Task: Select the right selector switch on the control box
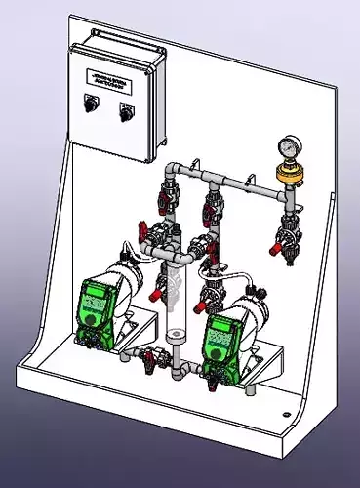point(125,110)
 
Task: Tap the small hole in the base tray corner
point(287,414)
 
